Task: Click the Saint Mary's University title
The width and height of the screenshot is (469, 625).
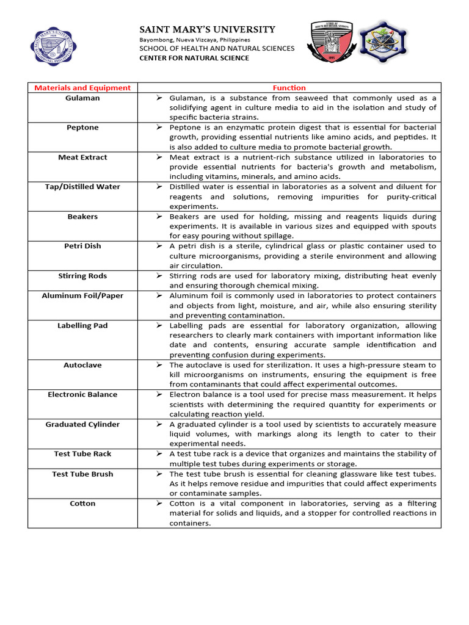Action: (208, 29)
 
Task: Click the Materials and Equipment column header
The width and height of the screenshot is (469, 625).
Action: (82, 88)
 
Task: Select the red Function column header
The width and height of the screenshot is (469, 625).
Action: (289, 88)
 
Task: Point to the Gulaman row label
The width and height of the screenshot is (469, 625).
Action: (82, 98)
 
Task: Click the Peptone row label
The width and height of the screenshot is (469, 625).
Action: (82, 128)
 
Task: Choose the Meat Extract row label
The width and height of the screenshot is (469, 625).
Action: (82, 157)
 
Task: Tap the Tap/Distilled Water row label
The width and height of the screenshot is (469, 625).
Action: (82, 187)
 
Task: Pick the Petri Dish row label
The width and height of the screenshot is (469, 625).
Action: (82, 246)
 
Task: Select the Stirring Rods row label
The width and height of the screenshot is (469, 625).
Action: (82, 276)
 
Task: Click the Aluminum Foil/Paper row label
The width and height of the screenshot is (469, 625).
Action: (82, 295)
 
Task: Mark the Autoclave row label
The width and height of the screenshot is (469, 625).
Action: (82, 365)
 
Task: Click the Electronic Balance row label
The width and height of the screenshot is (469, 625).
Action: (82, 394)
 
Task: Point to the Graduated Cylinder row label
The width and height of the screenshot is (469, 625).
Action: (82, 424)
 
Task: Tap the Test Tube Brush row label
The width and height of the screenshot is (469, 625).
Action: (82, 474)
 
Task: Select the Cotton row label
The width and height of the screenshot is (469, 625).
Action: (82, 504)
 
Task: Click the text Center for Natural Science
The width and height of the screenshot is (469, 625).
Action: (194, 58)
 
